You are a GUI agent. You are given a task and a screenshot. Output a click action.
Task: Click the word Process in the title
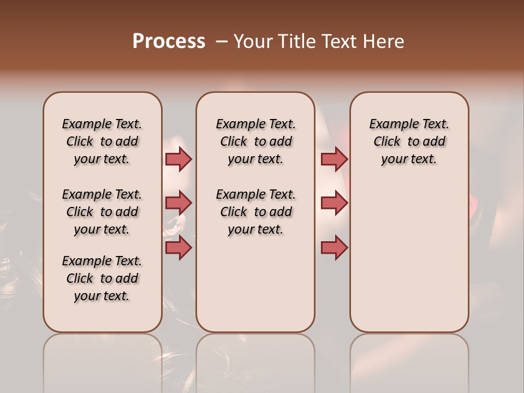[169, 41]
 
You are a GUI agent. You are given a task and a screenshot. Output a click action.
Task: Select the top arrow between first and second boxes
[178, 159]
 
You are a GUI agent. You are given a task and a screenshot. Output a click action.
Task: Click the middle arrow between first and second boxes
[178, 203]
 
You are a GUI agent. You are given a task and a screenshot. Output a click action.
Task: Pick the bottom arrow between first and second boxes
[178, 248]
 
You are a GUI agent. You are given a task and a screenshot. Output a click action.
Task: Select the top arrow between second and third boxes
[334, 159]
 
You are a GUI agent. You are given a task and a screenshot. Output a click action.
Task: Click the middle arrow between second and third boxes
[334, 203]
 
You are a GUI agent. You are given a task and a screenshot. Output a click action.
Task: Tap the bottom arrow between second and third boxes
[334, 248]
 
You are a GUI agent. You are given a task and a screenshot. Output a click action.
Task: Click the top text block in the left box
[102, 141]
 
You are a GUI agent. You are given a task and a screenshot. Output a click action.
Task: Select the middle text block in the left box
[102, 212]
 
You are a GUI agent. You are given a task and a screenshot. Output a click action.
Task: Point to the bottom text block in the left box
[102, 278]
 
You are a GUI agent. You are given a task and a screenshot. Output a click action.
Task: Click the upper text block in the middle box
[255, 141]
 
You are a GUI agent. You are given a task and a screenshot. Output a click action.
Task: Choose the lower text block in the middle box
[255, 212]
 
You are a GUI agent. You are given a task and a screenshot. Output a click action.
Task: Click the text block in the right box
[409, 141]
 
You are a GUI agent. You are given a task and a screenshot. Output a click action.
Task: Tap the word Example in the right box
[390, 124]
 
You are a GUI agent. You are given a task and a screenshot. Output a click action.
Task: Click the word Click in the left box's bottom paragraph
[80, 278]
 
